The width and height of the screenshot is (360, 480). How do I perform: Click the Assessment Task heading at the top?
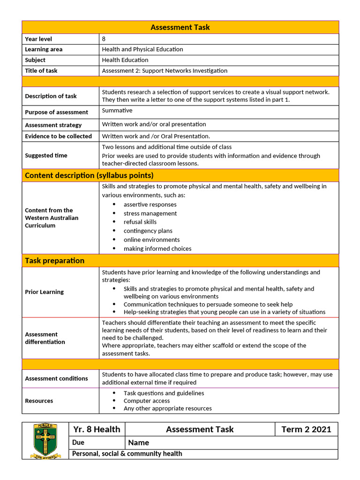pos(180,27)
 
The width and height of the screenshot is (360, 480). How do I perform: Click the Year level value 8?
pos(104,39)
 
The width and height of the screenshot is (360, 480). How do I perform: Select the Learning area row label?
pos(44,49)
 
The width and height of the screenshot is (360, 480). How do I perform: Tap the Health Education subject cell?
pos(125,60)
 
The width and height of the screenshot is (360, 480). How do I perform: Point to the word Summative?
pos(117,111)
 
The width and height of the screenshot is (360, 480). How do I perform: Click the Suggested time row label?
pos(46,156)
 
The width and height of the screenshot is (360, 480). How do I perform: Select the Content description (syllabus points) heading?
pos(89,175)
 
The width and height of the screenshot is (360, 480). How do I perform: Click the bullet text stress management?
pos(150,213)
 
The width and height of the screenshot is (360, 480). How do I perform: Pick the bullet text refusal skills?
pos(140,222)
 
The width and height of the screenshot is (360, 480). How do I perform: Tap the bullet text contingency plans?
pos(148,231)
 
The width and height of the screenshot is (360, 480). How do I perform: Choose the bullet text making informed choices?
pos(157,248)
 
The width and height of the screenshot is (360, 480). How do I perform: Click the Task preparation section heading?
pos(54,261)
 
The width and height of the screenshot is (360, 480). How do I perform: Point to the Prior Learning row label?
pos(44,292)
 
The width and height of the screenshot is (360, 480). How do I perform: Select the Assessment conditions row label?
pos(56,378)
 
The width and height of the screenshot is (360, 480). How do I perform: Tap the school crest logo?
pos(45,441)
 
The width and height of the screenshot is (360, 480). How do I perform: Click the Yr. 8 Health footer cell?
pos(97,429)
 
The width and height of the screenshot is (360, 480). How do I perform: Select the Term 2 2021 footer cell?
pos(306,429)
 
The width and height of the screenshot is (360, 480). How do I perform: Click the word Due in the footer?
pos(78,442)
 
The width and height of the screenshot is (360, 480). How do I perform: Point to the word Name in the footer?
pos(138,442)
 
